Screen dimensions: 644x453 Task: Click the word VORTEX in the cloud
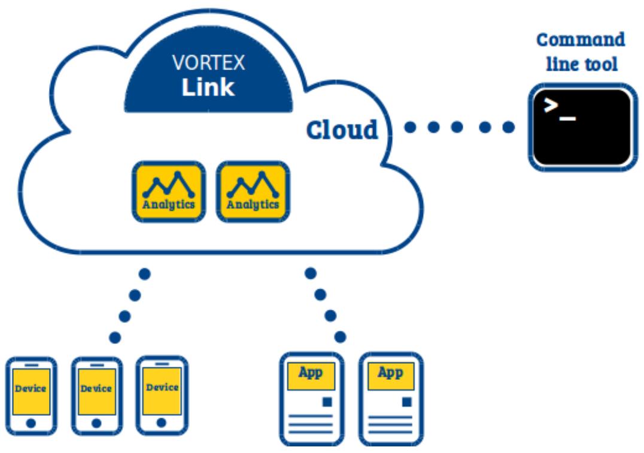209,63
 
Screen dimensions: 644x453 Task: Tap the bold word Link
208,87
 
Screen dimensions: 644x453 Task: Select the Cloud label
342,130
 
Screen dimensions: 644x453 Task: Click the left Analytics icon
169,192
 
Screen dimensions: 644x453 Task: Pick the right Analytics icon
253,192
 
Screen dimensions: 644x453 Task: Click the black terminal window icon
583,127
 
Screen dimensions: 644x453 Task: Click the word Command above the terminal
581,40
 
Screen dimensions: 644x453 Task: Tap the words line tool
582,64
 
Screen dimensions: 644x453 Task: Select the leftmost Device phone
31,396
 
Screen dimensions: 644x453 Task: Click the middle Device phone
97,396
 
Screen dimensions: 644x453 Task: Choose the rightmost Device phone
162,395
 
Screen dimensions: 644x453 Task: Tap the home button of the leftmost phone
31,423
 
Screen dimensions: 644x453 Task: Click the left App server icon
312,398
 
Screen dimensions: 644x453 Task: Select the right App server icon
391,398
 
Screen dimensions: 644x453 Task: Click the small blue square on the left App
327,401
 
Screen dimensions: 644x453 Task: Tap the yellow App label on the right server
391,376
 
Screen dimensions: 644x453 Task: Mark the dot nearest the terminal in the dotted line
509,127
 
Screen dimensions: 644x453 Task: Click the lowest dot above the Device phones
115,338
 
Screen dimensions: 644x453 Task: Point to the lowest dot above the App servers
340,337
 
